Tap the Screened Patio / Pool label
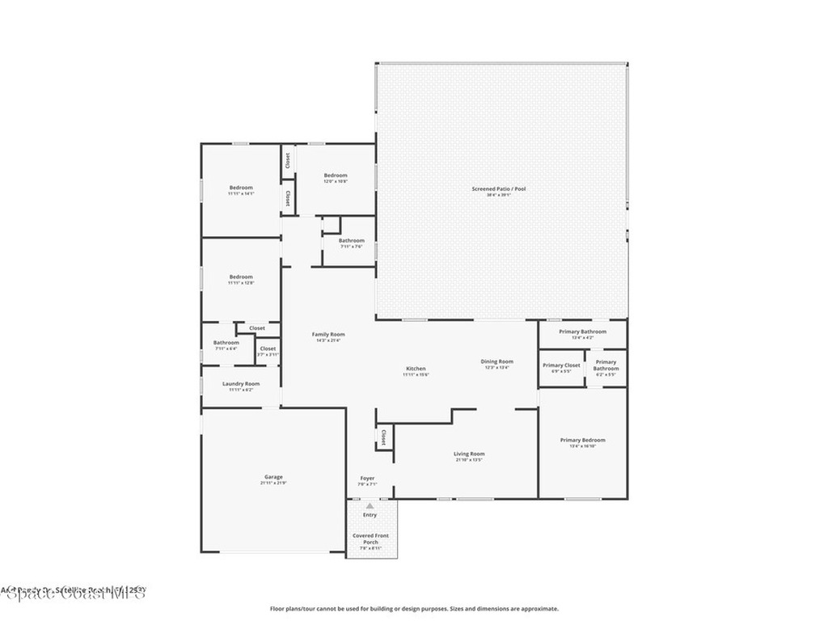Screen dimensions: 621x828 [x=499, y=189]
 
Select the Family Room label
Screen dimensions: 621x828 [x=328, y=334]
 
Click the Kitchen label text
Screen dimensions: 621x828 [x=416, y=369]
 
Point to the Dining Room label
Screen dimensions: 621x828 [x=497, y=361]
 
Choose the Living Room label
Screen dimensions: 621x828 [x=469, y=454]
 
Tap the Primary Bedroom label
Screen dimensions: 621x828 [x=582, y=440]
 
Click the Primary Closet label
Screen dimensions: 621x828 [x=561, y=365]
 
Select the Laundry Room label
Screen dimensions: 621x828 [x=241, y=383]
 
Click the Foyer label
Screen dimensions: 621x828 [x=367, y=479]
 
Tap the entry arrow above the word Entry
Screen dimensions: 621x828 [x=370, y=505]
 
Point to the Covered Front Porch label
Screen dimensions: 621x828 [x=370, y=539]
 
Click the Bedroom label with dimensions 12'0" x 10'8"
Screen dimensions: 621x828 [x=336, y=175]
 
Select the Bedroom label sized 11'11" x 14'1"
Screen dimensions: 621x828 [x=241, y=188]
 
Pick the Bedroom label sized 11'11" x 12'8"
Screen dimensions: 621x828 [x=241, y=277]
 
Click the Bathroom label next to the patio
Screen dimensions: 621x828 [x=351, y=240]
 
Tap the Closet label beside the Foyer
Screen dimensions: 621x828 [x=382, y=437]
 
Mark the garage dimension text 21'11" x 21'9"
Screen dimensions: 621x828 [x=273, y=484]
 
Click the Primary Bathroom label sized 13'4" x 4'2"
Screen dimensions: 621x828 [x=582, y=332]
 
